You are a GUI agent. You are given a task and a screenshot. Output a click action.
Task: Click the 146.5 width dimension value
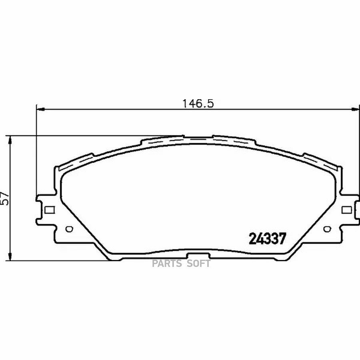198,104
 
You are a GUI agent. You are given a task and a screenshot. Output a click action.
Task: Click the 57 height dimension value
5,198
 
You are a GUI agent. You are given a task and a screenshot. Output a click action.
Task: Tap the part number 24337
268,239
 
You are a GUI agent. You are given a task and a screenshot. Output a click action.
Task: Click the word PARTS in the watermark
166,264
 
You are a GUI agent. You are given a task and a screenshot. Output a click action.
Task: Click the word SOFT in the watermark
198,264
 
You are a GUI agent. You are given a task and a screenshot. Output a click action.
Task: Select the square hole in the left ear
50,210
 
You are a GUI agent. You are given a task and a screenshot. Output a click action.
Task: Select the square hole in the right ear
347,210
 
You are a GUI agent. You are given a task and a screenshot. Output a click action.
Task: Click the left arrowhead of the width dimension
40,110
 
